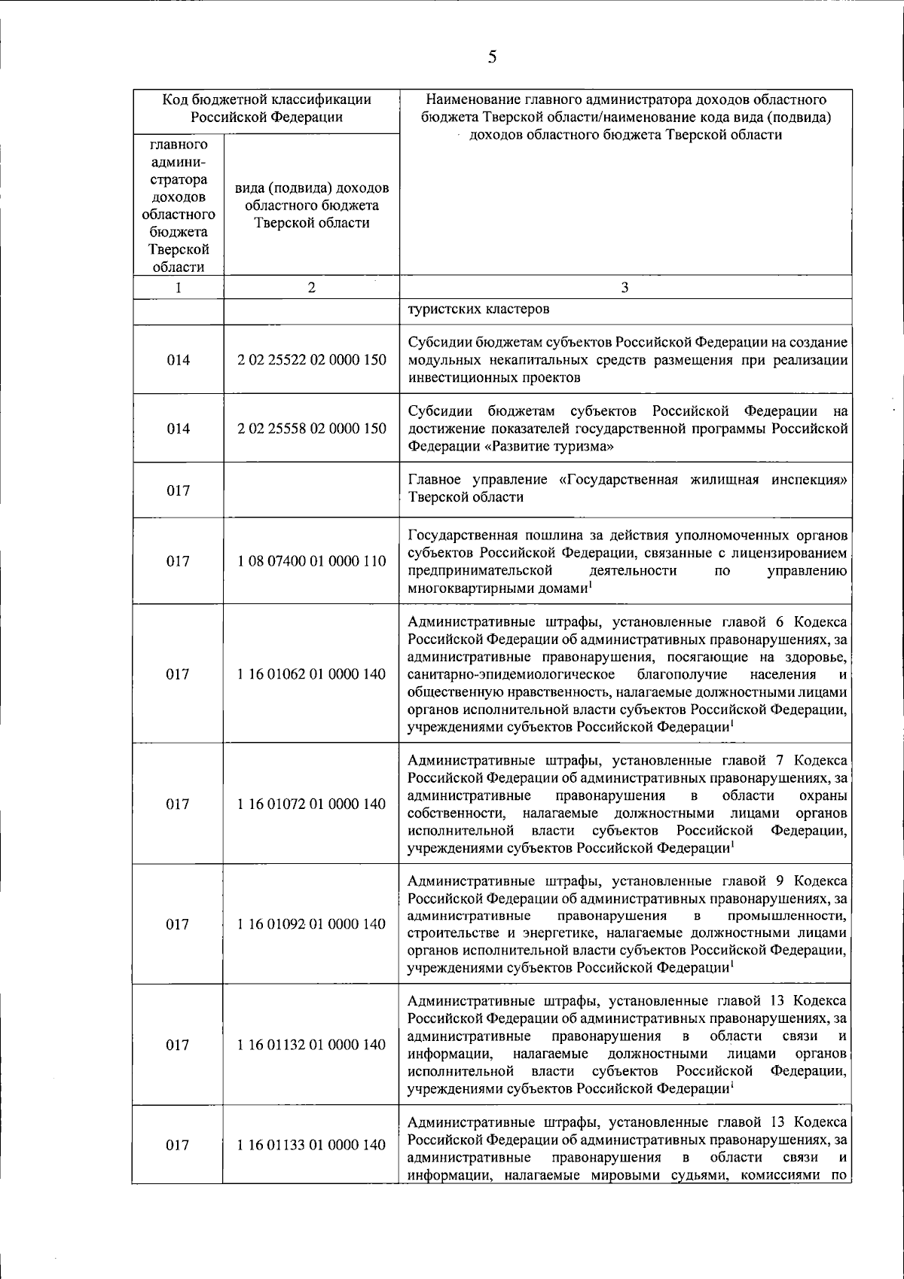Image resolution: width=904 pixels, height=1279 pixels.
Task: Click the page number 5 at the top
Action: tap(492, 57)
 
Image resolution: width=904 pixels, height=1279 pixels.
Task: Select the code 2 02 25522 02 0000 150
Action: tap(312, 360)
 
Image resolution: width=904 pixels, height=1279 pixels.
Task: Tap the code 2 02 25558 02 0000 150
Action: tap(312, 429)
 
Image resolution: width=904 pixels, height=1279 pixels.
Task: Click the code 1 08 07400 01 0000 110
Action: tap(312, 561)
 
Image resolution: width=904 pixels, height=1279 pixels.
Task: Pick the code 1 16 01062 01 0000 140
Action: tap(312, 674)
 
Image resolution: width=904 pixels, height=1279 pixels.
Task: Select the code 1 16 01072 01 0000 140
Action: tap(312, 804)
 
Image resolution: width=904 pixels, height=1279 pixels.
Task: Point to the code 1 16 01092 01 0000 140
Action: tap(312, 924)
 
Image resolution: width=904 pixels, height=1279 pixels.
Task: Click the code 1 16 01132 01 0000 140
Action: tap(312, 1045)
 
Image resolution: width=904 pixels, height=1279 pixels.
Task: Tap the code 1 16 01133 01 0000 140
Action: tap(312, 1145)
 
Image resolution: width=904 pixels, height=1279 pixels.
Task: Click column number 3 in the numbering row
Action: tap(625, 287)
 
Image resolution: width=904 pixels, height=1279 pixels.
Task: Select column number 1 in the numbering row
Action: tap(178, 287)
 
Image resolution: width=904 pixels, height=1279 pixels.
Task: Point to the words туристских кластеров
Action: tap(478, 309)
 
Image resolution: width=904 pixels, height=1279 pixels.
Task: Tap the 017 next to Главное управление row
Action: tap(178, 490)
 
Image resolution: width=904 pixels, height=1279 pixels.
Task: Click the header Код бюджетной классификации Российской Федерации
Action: tap(267, 108)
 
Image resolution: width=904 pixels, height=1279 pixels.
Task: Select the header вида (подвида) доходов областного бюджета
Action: tap(312, 205)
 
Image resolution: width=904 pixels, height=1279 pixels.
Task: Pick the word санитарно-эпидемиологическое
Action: tap(511, 674)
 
